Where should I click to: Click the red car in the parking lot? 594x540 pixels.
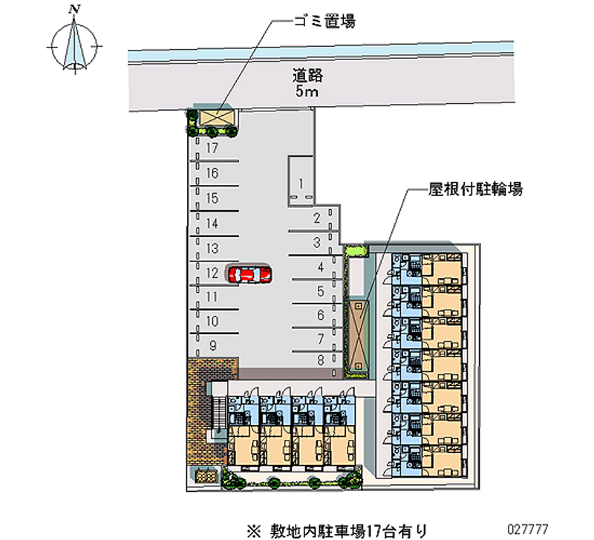pos(249,274)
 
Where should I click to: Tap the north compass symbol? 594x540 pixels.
pos(73,47)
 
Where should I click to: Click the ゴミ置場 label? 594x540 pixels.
pos(323,22)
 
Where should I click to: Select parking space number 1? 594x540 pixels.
pos(301,183)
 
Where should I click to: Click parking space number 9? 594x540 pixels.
pos(212,345)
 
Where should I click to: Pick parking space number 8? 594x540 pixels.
pos(321,360)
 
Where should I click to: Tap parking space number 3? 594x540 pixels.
pos(316,242)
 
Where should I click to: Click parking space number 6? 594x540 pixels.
pos(320,316)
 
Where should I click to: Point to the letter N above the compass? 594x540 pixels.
pos(73,10)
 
